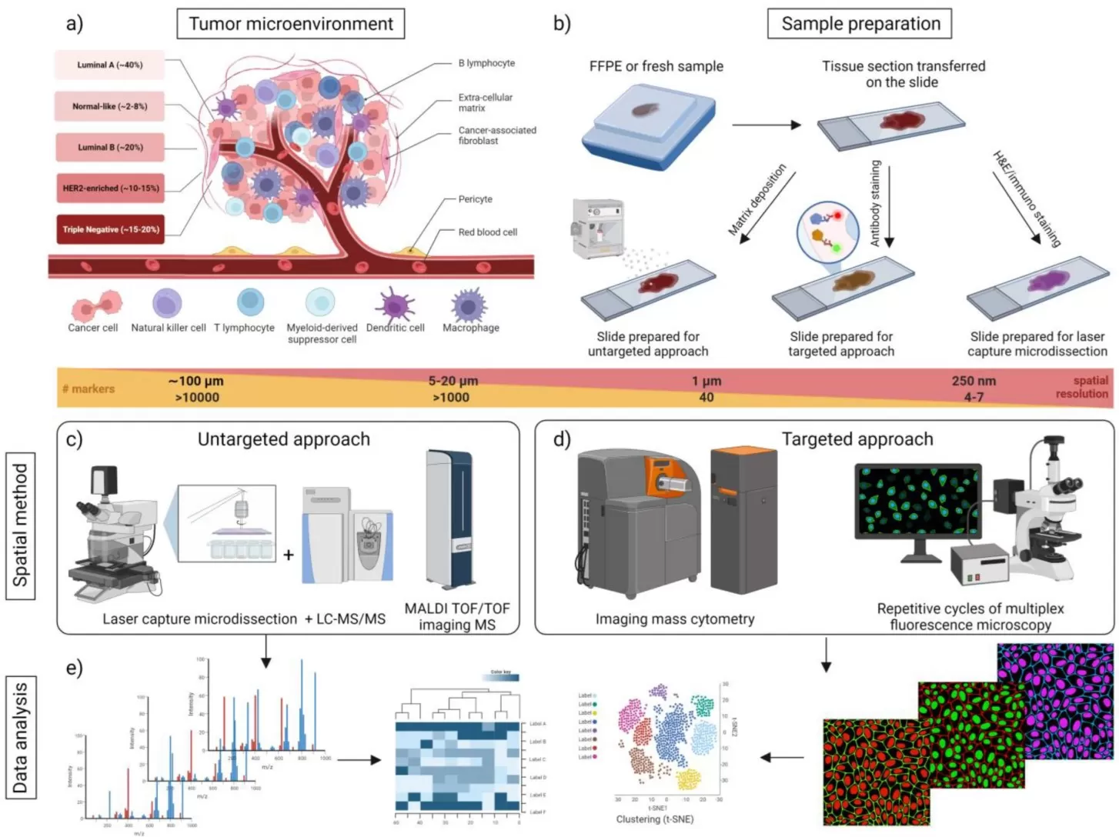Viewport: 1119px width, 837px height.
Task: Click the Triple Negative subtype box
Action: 110,229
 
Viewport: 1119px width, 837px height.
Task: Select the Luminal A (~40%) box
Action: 109,65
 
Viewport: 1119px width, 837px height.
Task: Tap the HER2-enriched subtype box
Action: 110,188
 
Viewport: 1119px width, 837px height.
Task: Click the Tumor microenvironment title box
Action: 291,24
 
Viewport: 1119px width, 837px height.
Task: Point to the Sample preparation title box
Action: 860,24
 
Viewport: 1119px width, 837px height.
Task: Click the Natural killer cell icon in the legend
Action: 167,303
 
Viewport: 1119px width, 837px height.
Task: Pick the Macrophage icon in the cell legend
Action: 469,305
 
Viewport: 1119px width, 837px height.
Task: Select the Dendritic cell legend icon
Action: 395,304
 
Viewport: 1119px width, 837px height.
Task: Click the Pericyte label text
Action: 475,199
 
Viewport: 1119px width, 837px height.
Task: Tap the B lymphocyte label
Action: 486,63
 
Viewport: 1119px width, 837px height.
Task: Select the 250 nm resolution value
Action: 973,381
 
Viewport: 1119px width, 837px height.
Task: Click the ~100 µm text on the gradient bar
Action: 196,381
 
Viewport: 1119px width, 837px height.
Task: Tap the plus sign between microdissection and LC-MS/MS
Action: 289,554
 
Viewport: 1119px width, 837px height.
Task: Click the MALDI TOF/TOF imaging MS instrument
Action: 449,519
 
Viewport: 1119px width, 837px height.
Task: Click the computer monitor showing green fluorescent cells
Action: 917,502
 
